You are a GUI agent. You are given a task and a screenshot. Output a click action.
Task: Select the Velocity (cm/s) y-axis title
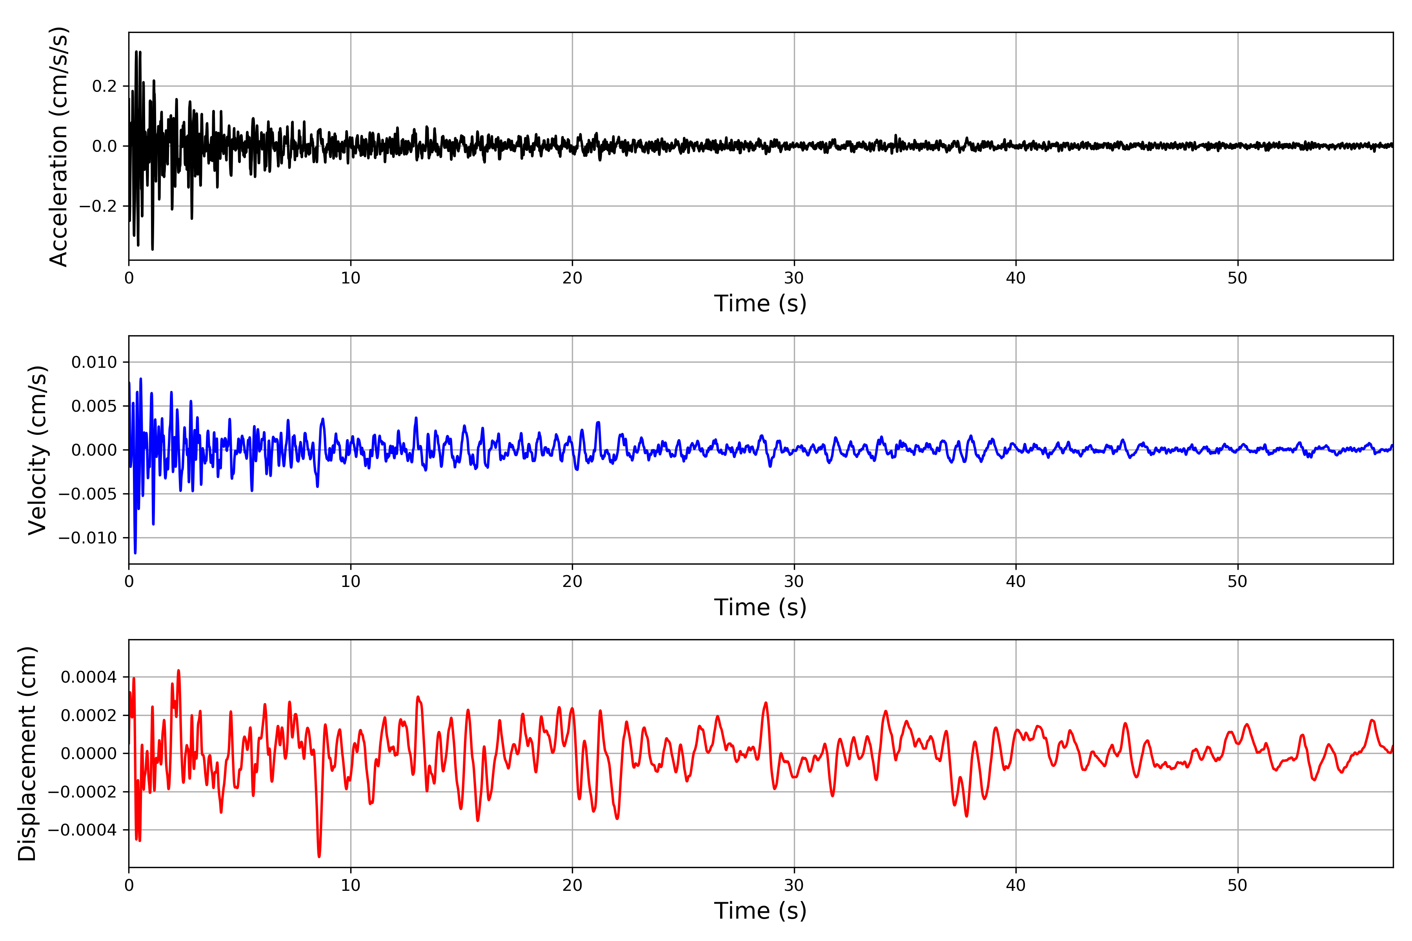[x=37, y=450]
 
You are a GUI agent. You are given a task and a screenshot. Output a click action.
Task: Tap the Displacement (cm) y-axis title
[x=27, y=754]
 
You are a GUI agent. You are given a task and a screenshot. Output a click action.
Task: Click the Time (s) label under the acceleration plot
[x=760, y=303]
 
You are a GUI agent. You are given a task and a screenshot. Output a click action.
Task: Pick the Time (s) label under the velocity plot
[x=760, y=607]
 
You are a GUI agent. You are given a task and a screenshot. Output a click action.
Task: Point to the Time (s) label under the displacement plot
[x=760, y=911]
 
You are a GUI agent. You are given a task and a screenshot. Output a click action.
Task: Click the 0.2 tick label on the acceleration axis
[x=104, y=86]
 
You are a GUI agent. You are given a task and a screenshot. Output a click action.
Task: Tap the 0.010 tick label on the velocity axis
[x=94, y=362]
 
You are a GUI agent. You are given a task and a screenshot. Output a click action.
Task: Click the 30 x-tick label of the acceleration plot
[x=793, y=278]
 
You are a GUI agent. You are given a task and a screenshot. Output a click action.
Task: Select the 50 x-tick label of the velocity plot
[x=1237, y=581]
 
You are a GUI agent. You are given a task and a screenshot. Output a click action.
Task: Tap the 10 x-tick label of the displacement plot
[x=351, y=885]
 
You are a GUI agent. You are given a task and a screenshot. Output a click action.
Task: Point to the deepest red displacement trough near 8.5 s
[x=319, y=856]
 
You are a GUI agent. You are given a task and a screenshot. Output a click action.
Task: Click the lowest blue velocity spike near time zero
[x=135, y=552]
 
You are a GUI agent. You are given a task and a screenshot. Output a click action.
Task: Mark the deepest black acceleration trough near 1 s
[x=153, y=249]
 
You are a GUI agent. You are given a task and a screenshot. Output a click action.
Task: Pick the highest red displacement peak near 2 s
[x=178, y=671]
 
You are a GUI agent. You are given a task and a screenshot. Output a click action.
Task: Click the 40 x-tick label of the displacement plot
[x=1016, y=885]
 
